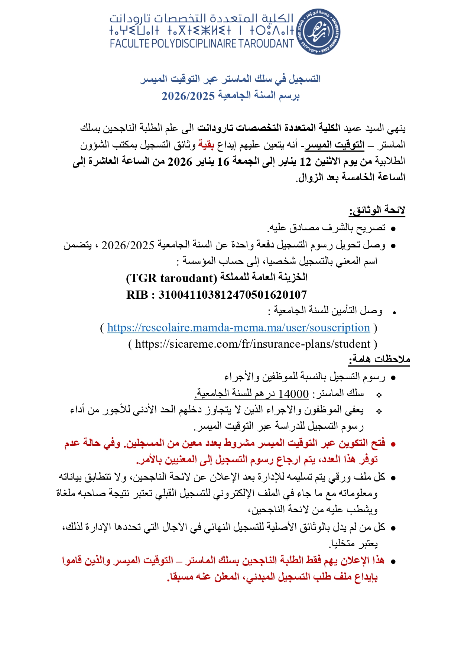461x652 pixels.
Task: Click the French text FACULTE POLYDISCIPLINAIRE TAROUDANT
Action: [x=202, y=44]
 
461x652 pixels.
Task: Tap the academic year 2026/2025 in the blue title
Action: [x=188, y=96]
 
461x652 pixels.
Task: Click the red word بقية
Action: [x=206, y=145]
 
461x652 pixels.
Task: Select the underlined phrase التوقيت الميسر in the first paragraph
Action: [x=334, y=145]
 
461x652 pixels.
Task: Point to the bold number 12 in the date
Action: [x=305, y=162]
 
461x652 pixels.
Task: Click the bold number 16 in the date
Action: [x=223, y=162]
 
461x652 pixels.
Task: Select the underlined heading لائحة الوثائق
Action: [x=377, y=210]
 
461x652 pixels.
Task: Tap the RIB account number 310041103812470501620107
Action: [x=233, y=295]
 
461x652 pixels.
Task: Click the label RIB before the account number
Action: [x=138, y=295]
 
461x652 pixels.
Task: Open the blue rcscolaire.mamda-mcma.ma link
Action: [x=238, y=328]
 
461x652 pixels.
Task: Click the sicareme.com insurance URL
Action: [x=253, y=344]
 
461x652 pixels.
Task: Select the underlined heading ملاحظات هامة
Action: [x=379, y=359]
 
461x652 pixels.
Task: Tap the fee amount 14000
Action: [x=293, y=394]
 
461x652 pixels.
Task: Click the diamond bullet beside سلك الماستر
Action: [x=379, y=395]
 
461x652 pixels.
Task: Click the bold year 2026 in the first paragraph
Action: [x=180, y=162]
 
